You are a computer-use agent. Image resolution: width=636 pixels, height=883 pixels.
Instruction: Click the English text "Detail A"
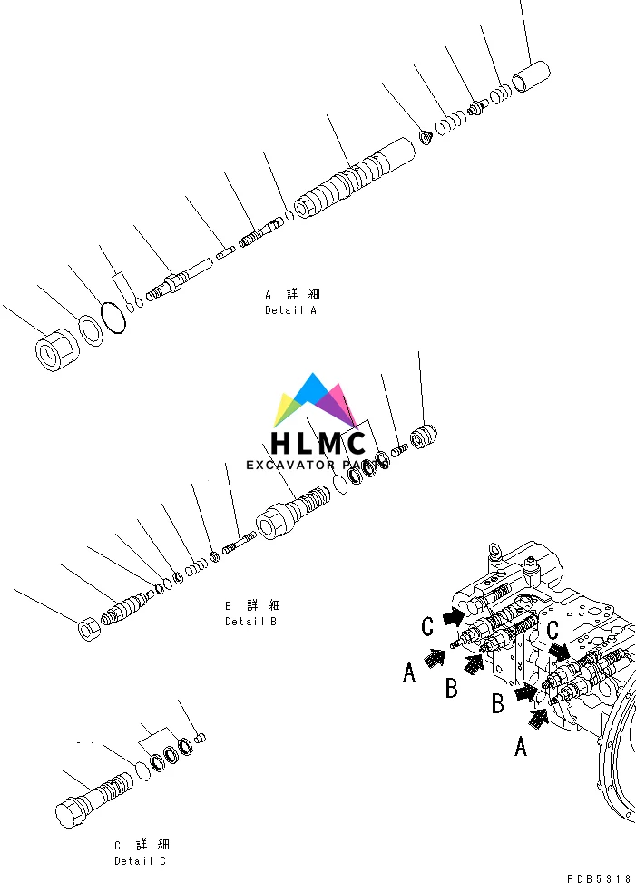coord(290,310)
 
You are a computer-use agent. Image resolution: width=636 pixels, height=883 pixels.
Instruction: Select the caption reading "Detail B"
coord(250,622)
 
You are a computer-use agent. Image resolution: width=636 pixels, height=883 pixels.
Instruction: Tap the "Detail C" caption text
coord(140,861)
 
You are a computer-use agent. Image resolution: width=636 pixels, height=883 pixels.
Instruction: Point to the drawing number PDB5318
coord(599,878)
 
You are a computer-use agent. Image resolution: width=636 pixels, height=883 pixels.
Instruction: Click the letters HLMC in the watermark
coord(318,444)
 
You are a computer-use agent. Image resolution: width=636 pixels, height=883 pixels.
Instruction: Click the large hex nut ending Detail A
coord(54,350)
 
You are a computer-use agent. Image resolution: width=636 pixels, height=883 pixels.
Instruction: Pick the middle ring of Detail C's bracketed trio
coord(171,755)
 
